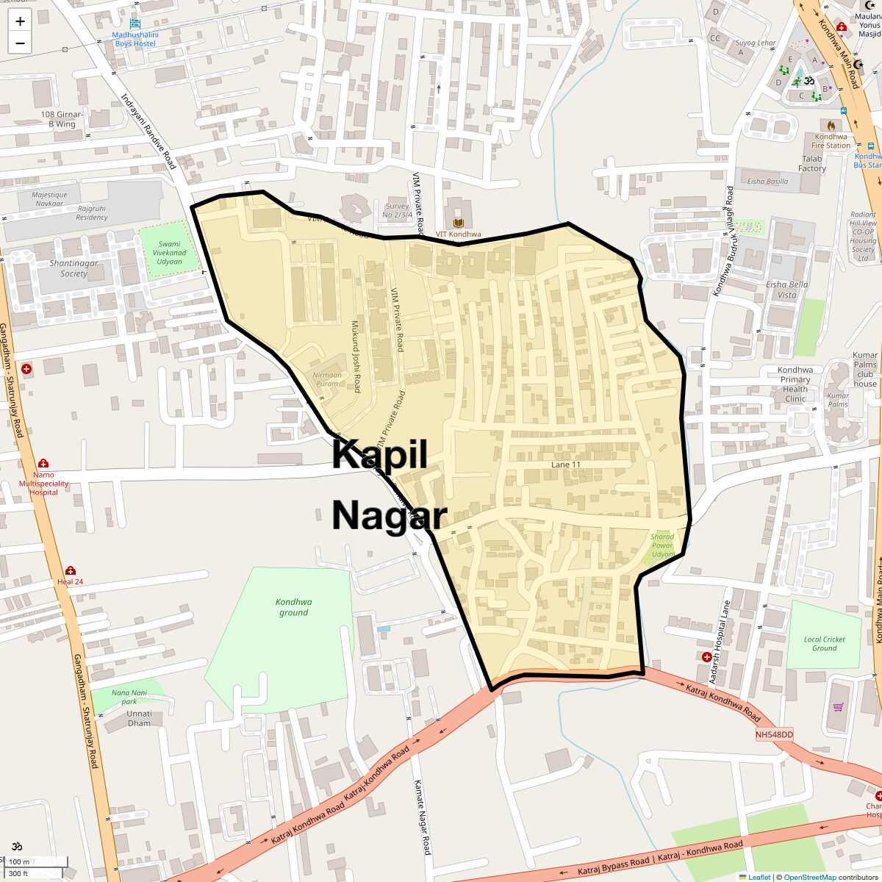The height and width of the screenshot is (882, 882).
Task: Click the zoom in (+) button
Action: tap(20, 21)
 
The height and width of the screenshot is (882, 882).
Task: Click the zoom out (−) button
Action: tap(20, 43)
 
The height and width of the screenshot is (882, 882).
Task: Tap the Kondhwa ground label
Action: tap(293, 607)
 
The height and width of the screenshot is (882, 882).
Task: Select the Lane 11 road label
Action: tap(566, 465)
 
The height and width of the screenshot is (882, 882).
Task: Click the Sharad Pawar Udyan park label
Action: tap(662, 545)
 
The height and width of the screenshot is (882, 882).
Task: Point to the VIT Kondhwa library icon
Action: tap(459, 223)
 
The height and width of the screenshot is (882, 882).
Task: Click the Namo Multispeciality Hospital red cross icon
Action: tap(43, 463)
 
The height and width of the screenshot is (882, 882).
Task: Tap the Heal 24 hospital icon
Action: tap(71, 570)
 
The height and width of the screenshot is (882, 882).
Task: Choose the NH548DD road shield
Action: tap(775, 734)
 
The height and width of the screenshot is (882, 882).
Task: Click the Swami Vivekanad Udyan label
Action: tap(169, 253)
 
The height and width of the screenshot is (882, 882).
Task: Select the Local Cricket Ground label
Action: tap(824, 644)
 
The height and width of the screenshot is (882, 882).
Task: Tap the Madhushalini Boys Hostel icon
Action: tap(135, 24)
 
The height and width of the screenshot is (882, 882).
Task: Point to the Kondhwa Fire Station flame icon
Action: tap(831, 125)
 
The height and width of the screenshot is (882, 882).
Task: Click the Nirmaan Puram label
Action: tap(327, 379)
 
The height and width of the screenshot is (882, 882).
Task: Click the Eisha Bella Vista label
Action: tap(786, 290)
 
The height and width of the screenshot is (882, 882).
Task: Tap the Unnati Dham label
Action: tap(139, 718)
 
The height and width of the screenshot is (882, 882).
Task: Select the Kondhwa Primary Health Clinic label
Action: tap(795, 384)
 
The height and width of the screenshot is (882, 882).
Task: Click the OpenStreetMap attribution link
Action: tap(809, 877)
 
